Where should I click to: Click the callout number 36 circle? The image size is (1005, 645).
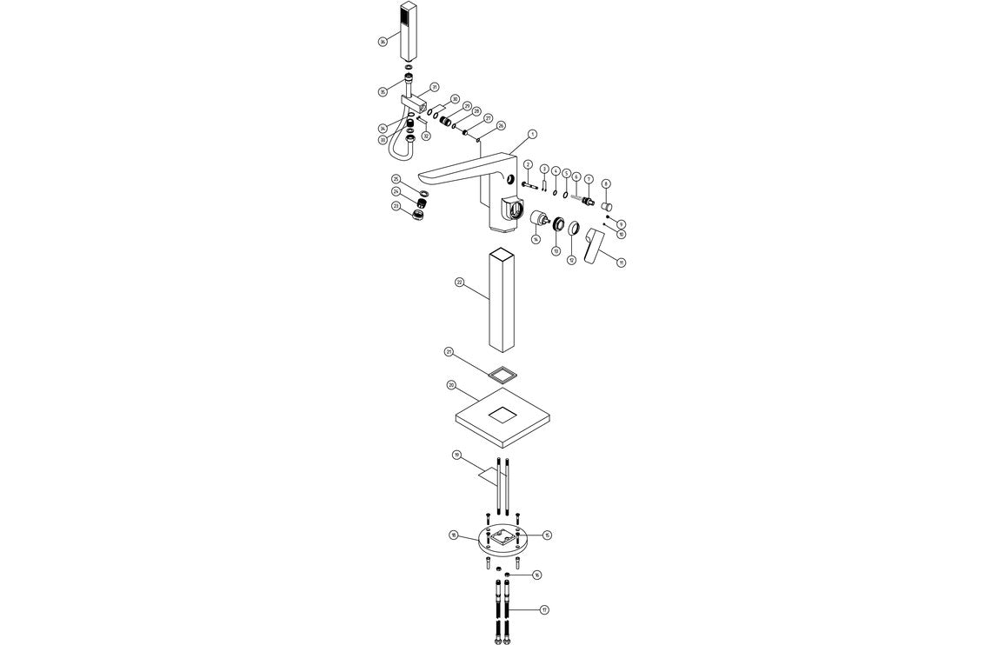tap(383, 42)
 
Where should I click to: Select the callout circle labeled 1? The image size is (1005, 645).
tap(532, 135)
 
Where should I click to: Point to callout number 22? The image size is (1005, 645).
tap(460, 283)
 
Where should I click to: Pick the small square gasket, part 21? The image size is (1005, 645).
tap(502, 375)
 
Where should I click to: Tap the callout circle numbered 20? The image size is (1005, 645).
tap(451, 384)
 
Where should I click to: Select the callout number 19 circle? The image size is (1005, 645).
tap(456, 455)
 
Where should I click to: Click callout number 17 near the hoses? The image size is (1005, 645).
tap(544, 609)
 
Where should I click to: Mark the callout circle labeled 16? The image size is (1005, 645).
tap(536, 575)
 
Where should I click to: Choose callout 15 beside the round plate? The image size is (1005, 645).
tap(547, 535)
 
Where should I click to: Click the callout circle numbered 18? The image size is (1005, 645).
tap(453, 535)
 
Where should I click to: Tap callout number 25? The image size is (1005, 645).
tap(396, 179)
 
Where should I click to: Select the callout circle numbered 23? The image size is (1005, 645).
tap(396, 206)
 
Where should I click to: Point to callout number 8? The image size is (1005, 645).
tap(606, 183)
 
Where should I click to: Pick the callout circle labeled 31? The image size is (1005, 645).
tap(434, 87)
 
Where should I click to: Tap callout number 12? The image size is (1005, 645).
tap(571, 259)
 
